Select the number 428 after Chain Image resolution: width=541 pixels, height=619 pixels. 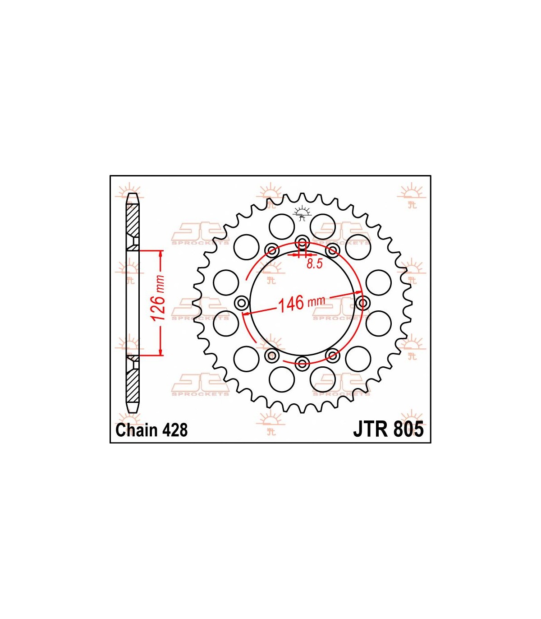tap(174, 430)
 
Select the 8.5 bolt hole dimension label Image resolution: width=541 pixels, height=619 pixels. tap(315, 264)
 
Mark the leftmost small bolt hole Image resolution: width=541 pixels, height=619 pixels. tap(242, 303)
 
